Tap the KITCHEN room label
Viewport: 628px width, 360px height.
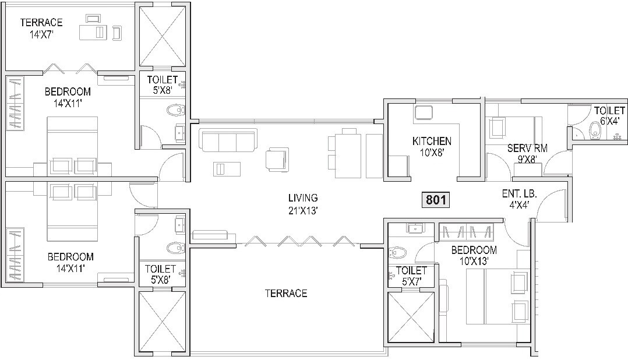click(x=431, y=141)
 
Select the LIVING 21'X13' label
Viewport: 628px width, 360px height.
click(x=302, y=204)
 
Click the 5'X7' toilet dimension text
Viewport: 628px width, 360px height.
click(x=411, y=281)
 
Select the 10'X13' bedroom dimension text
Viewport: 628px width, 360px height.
click(x=474, y=262)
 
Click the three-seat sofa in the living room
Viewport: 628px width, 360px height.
click(x=228, y=140)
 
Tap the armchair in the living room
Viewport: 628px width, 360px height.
click(x=277, y=158)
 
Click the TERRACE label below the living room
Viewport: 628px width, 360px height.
click(x=285, y=294)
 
